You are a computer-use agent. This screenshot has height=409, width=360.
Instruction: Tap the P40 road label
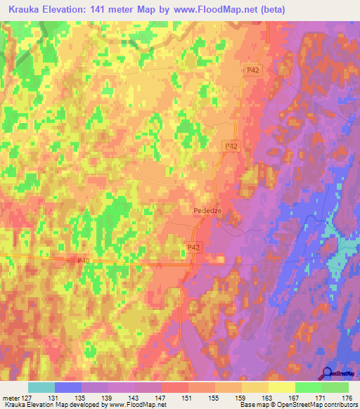(x=83, y=261)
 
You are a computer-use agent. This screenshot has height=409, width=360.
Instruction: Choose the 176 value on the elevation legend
(x=345, y=397)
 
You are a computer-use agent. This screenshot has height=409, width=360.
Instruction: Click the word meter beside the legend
(x=10, y=397)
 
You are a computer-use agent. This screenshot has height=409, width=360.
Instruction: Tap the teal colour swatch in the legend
(x=41, y=387)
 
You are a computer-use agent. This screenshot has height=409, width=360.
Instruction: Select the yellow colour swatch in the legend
(x=282, y=387)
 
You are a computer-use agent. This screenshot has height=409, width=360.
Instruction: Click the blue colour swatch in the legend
(x=68, y=387)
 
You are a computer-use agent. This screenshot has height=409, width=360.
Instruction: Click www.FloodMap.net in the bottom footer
(x=133, y=405)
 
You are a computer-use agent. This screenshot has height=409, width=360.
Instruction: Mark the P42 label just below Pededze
(x=195, y=247)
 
